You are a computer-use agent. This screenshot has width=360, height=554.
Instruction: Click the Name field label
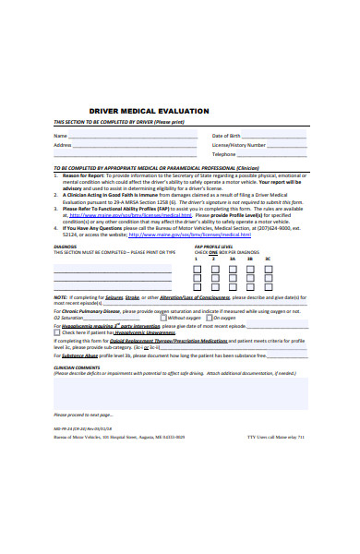coord(59,135)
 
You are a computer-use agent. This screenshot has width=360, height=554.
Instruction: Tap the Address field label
coord(63,145)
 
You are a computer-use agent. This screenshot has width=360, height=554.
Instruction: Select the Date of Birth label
coord(227,135)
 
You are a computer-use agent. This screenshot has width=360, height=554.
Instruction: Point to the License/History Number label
coord(239,145)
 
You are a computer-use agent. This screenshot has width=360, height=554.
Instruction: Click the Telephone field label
coord(224,155)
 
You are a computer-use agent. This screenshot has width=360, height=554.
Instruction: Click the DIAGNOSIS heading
coord(65,247)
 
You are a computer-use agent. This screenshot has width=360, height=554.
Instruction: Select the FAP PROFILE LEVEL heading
coord(213,247)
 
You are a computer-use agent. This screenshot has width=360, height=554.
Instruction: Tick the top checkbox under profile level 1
coord(197,270)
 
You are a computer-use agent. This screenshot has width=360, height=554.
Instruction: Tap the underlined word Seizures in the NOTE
coord(114,297)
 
